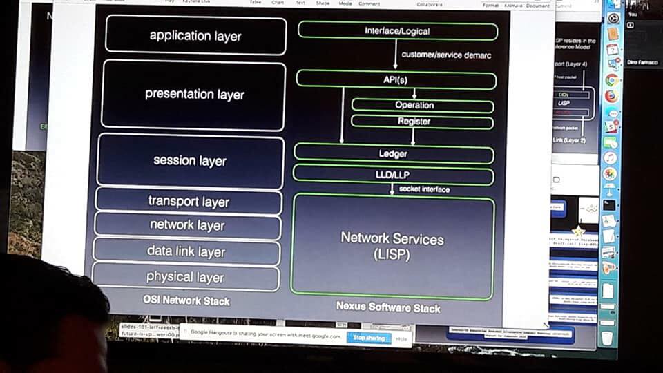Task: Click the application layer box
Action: coord(195,35)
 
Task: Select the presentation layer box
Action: coord(193,95)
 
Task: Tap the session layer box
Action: coord(190,161)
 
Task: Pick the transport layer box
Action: coord(189,202)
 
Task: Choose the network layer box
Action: coord(187,225)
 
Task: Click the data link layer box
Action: coord(186,251)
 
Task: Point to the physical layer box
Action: coord(185,277)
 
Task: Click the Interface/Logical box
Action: coord(397,31)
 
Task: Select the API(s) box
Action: coord(396,79)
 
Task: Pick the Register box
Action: coord(414,122)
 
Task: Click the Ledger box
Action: coord(393,154)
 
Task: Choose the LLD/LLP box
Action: coord(393,175)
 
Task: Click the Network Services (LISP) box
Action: coord(392,247)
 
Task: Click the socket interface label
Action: coord(424,189)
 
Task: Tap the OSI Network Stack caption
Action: coord(186,300)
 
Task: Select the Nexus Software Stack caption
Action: coord(388,307)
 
